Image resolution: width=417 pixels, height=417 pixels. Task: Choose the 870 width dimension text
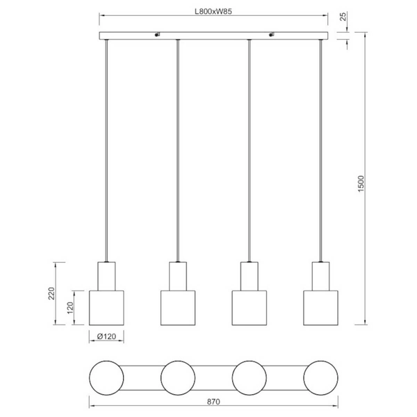(x=213, y=402)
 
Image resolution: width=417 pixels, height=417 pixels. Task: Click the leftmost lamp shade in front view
(x=106, y=307)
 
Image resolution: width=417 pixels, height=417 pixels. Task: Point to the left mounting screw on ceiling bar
(x=156, y=33)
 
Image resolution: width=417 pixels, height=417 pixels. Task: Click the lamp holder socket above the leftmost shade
(x=106, y=276)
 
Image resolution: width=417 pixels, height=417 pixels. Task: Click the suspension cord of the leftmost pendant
(x=106, y=153)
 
